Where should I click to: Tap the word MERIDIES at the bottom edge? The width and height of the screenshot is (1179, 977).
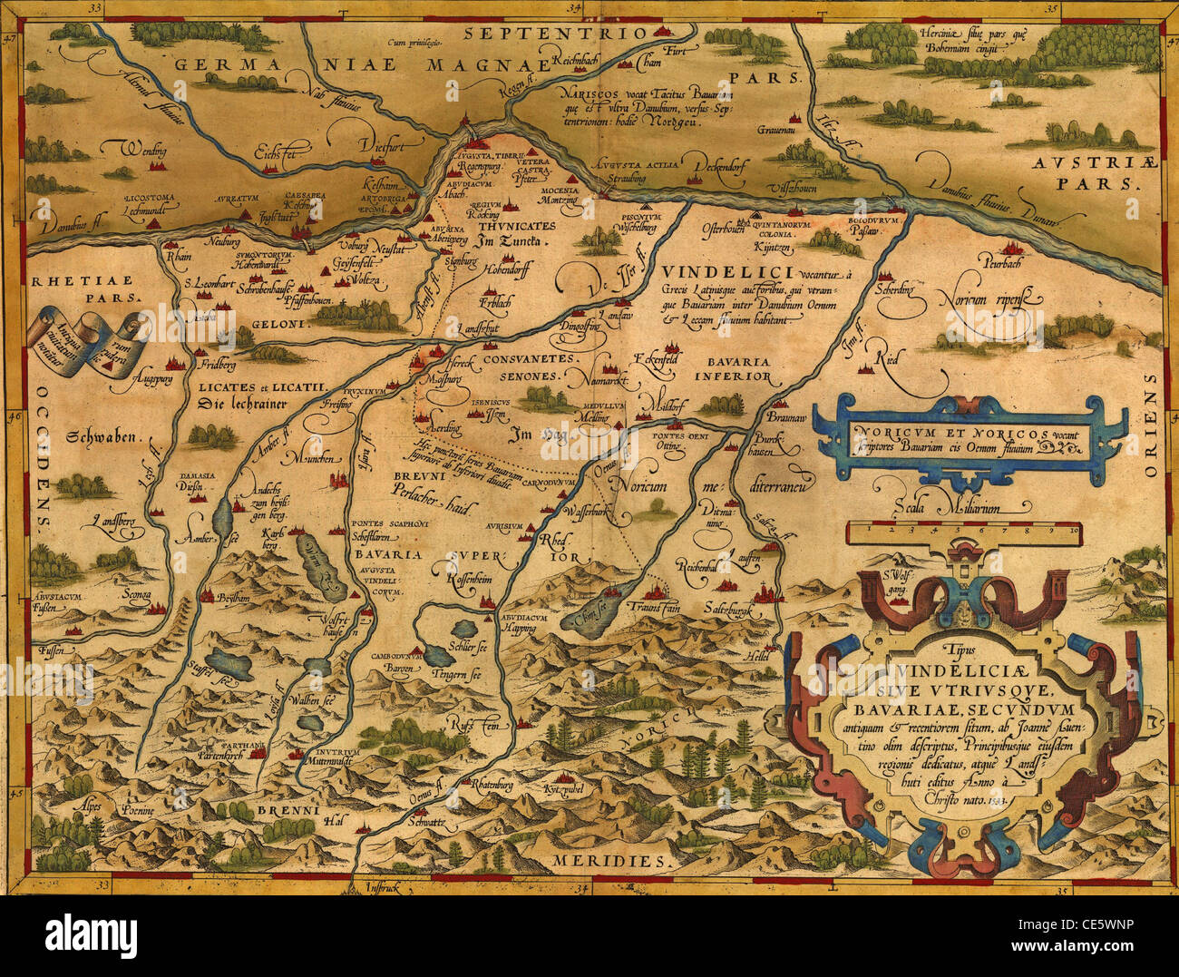pyautogui.click(x=614, y=860)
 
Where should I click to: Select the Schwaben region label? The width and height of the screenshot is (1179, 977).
pyautogui.click(x=106, y=437)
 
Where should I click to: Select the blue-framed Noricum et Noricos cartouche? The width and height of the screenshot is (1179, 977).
pyautogui.click(x=969, y=442)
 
